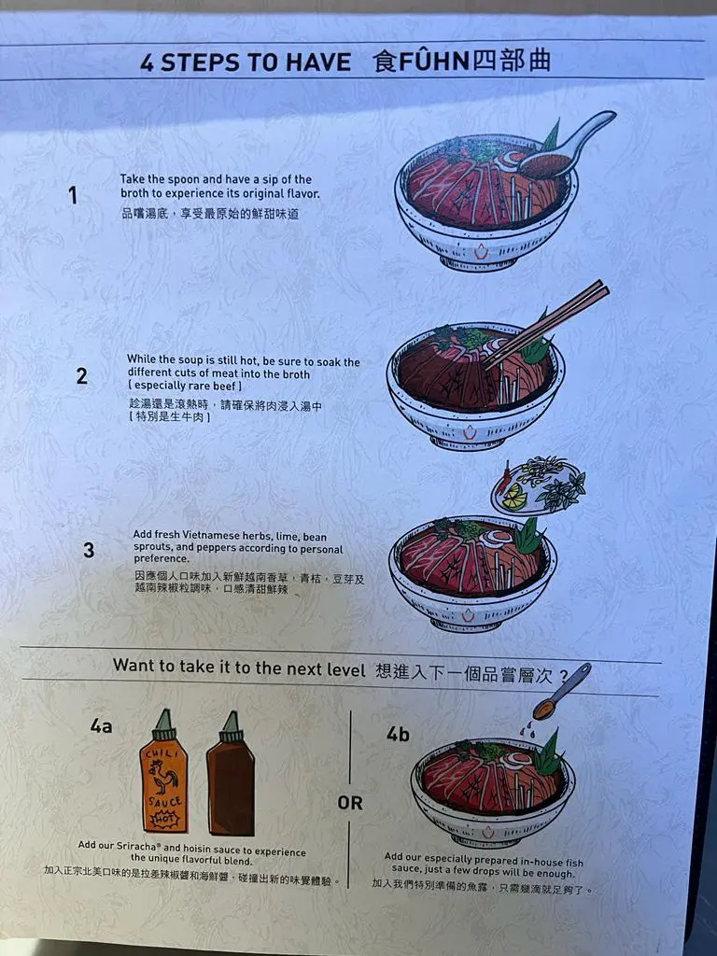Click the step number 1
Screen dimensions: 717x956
pyautogui.click(x=73, y=196)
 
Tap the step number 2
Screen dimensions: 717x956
pyautogui.click(x=82, y=375)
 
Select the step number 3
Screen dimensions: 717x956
pyautogui.click(x=89, y=550)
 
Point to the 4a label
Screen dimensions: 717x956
pyautogui.click(x=101, y=725)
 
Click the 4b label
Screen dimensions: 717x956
pyautogui.click(x=398, y=734)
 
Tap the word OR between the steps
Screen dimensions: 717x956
pyautogui.click(x=350, y=803)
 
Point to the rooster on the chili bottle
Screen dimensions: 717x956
pyautogui.click(x=164, y=780)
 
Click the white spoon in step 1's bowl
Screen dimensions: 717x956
pyautogui.click(x=567, y=147)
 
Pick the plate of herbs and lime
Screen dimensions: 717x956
pyautogui.click(x=539, y=486)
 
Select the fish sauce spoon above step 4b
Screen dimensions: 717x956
pyautogui.click(x=562, y=692)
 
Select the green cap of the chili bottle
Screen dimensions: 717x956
pyautogui.click(x=164, y=724)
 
